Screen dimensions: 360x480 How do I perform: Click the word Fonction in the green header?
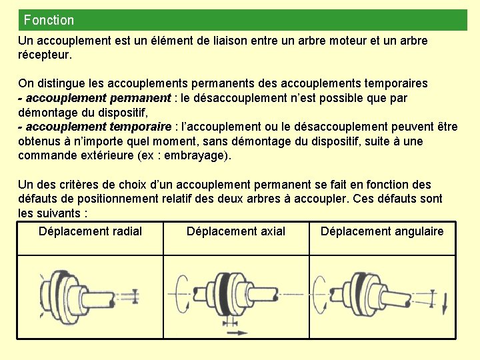click(49, 20)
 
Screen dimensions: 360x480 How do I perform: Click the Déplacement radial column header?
click(90, 231)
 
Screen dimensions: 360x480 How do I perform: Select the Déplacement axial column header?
click(236, 231)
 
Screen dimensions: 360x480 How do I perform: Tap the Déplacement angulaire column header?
click(382, 231)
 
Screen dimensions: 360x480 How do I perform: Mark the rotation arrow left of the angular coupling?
click(323, 293)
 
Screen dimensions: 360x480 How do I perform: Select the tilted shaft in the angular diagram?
click(407, 299)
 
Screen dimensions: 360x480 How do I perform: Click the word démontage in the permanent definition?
click(49, 112)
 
